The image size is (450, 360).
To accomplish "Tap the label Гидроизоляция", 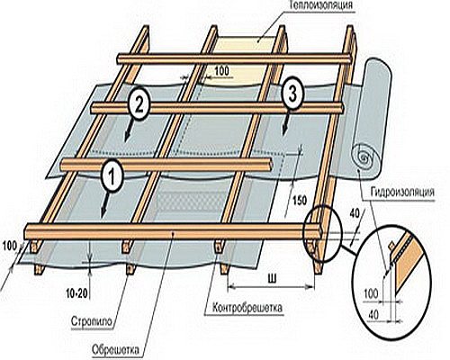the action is (x=402, y=192).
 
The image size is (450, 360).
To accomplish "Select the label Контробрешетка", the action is (x=247, y=308).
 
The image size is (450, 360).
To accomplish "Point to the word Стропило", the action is (x=93, y=321).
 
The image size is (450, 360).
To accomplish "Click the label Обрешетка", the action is (x=116, y=350).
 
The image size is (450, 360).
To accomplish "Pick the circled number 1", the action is (x=112, y=176).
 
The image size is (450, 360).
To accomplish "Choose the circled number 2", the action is (x=139, y=106).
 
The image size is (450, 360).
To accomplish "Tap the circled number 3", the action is (x=292, y=94).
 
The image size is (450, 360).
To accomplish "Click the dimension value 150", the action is (x=300, y=201).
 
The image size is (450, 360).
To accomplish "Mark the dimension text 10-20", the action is (x=77, y=293).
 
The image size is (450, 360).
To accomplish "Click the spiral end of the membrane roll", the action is (x=365, y=157).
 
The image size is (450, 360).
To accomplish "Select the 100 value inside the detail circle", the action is (x=371, y=293).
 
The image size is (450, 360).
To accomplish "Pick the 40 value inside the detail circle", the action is (x=373, y=315).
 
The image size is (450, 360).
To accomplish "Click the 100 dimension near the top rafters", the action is (x=222, y=71).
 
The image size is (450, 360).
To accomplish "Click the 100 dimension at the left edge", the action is (x=10, y=247).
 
